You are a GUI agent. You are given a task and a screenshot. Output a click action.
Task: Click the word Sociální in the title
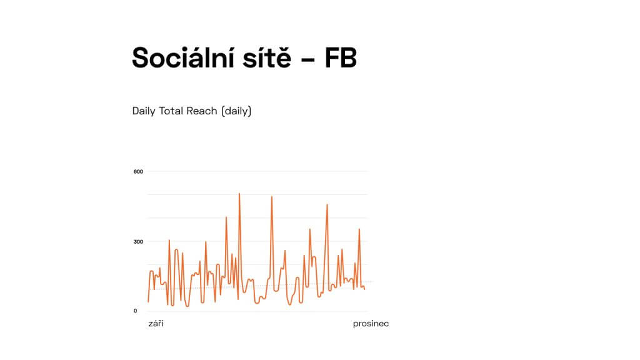(x=183, y=57)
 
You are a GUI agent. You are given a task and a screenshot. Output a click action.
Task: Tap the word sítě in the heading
(x=267, y=57)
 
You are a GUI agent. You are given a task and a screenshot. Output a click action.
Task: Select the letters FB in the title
(x=341, y=57)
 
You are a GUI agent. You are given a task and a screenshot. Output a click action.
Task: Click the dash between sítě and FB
(x=307, y=59)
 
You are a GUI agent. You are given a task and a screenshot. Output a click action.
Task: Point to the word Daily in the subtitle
(x=144, y=111)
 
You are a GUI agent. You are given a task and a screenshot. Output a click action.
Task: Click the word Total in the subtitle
(x=171, y=111)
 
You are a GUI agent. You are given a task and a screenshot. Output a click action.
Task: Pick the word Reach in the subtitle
(x=202, y=111)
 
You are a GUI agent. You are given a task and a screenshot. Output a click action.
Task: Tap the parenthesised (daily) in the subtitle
(x=236, y=111)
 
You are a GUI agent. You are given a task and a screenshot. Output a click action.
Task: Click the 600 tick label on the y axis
(x=138, y=171)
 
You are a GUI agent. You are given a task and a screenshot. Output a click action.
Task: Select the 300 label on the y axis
(x=138, y=242)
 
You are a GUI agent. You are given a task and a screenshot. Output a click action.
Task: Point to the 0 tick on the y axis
(x=136, y=311)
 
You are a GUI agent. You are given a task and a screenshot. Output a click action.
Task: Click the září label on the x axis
(x=156, y=324)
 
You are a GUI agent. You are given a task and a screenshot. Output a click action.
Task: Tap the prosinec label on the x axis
(x=371, y=324)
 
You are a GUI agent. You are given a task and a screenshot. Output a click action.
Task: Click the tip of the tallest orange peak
(x=239, y=194)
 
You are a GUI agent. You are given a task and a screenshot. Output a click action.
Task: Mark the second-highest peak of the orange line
(x=271, y=197)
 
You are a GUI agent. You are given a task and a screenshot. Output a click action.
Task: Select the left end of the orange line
(x=148, y=302)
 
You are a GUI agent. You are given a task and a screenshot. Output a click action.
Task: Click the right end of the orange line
(x=365, y=289)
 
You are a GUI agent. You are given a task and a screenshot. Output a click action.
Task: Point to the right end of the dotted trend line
(x=372, y=282)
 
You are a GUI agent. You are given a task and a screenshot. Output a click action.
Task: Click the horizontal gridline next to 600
(x=257, y=171)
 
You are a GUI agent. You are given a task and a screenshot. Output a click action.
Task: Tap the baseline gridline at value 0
(x=257, y=311)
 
